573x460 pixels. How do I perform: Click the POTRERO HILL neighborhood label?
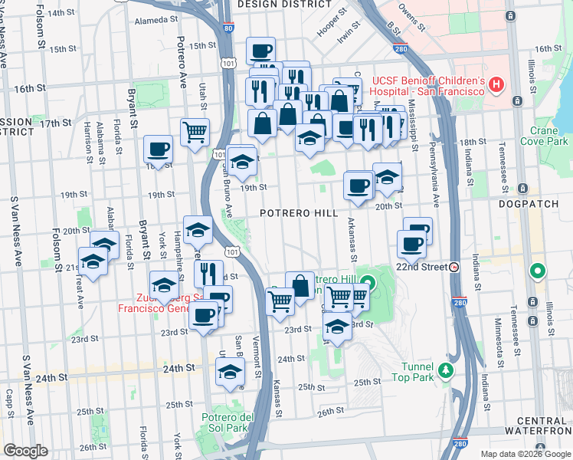[x=299, y=212]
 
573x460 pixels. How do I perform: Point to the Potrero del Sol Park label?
[x=224, y=422]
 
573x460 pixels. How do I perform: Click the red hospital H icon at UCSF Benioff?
[x=496, y=84]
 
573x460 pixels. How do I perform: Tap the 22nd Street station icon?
[x=454, y=268]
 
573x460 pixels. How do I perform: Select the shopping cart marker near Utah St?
[x=195, y=131]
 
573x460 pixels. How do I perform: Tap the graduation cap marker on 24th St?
[x=230, y=372]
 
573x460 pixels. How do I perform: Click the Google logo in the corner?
[x=25, y=451]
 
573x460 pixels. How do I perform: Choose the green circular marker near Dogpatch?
[x=539, y=271]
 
